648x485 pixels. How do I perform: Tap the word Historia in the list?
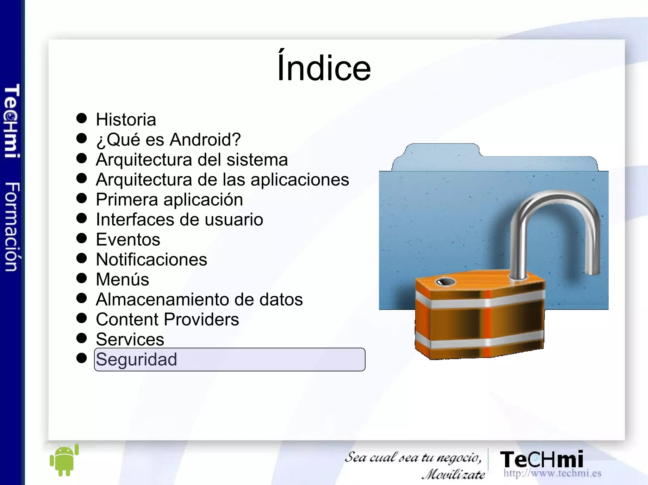click(126, 120)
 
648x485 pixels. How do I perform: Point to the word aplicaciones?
click(300, 180)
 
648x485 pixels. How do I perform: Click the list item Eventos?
click(128, 239)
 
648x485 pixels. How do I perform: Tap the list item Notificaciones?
click(152, 260)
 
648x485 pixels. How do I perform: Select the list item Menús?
click(122, 280)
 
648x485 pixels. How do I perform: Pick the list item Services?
click(130, 339)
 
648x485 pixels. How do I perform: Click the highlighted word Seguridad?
click(136, 360)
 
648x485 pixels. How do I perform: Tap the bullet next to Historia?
click(82, 118)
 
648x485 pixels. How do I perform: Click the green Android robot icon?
click(64, 460)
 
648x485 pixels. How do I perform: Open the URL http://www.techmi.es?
click(552, 473)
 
